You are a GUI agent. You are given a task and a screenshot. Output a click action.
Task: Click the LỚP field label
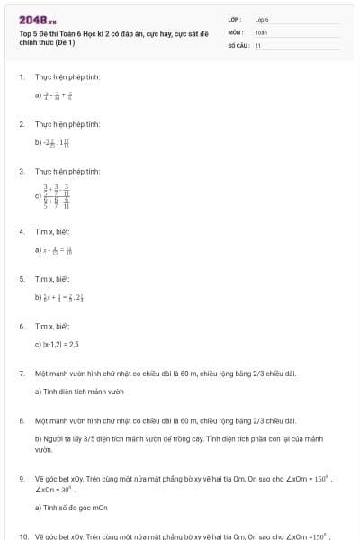pyautogui.click(x=235, y=18)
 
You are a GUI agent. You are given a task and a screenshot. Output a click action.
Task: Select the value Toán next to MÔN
pyautogui.click(x=261, y=31)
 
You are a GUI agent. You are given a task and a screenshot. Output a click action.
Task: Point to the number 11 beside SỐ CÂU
pyautogui.click(x=258, y=44)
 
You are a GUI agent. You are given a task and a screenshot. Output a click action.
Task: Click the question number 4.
pyautogui.click(x=22, y=232)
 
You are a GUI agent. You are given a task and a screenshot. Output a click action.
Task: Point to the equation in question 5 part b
pyautogui.click(x=65, y=296)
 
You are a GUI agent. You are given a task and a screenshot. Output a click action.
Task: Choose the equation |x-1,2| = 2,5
pyautogui.click(x=58, y=344)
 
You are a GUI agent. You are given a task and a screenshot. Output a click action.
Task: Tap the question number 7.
pyautogui.click(x=22, y=373)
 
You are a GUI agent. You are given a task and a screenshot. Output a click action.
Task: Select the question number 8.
pyautogui.click(x=22, y=420)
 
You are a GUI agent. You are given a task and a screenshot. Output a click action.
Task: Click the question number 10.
pyautogui.click(x=22, y=535)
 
